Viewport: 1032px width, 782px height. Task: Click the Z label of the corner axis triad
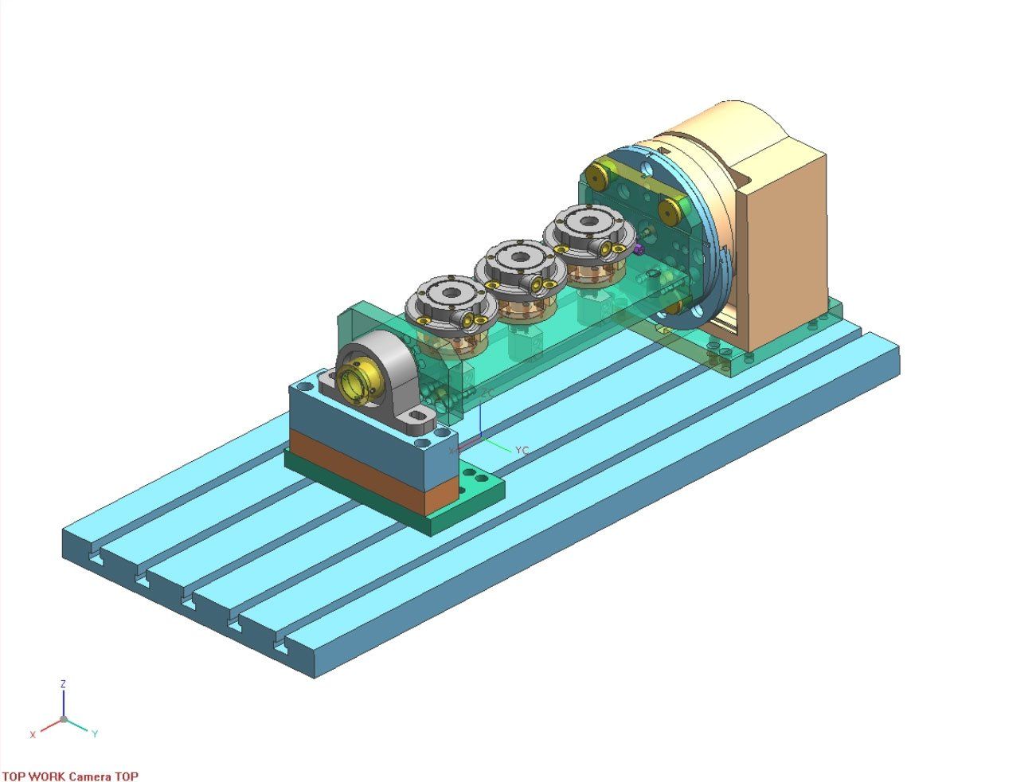coord(63,683)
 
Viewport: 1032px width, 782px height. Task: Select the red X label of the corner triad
coord(33,734)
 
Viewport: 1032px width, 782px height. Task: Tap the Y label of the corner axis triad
coord(95,733)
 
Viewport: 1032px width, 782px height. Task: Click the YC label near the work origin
coord(522,451)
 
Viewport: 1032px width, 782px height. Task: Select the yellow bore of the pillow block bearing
coord(357,381)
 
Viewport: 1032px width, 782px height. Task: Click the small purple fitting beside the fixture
coord(639,249)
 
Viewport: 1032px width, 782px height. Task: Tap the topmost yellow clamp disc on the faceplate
coord(598,172)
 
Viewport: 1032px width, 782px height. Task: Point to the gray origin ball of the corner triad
coord(64,719)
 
